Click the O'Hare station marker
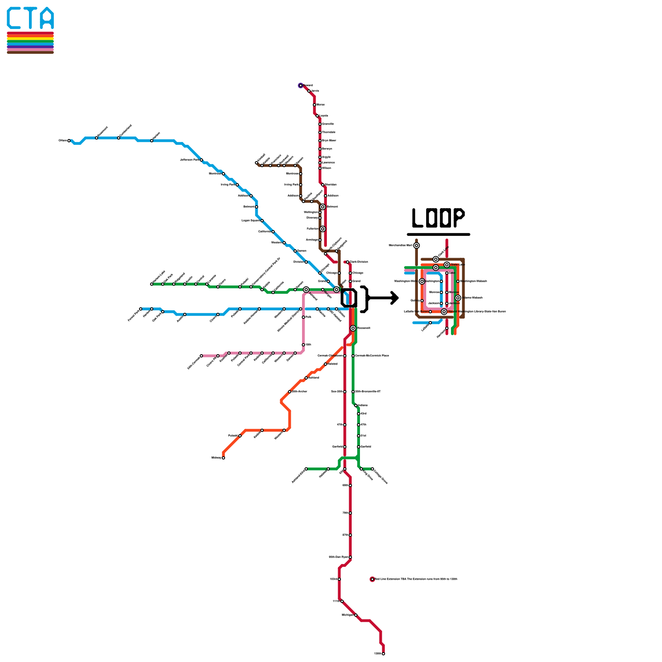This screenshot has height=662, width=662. [69, 141]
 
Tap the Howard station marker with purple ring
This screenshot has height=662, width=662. [301, 86]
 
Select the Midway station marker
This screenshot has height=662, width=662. [223, 458]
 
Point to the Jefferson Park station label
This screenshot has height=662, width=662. [189, 160]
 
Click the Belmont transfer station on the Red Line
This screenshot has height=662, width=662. [323, 207]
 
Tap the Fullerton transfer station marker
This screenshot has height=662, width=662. [323, 229]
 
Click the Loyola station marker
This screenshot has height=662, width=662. [317, 116]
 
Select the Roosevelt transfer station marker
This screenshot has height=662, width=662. [353, 328]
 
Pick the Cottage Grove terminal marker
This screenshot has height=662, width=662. [372, 469]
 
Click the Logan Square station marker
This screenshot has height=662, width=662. [262, 221]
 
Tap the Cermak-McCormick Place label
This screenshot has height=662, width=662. [372, 356]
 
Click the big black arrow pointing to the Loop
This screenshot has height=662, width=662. [385, 298]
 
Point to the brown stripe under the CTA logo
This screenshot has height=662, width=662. [30, 52]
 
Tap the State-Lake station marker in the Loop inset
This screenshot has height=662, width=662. [447, 265]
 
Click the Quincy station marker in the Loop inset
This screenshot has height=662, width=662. [422, 301]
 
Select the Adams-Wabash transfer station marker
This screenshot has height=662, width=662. [458, 298]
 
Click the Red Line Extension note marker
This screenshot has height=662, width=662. [372, 579]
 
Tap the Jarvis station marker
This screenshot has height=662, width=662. [309, 91]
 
